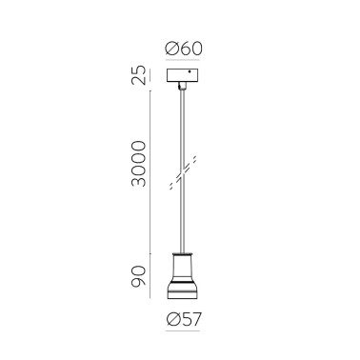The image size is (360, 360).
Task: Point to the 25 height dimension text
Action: tap(139, 74)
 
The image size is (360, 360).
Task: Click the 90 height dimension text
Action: tap(139, 278)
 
